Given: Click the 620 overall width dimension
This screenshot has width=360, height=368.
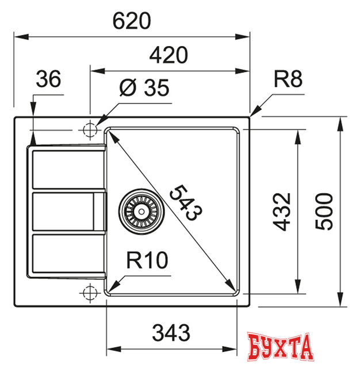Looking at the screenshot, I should (132, 21).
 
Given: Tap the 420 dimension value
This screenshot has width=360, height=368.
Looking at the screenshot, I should (169, 56).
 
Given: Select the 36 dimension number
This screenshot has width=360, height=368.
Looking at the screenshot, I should (48, 80).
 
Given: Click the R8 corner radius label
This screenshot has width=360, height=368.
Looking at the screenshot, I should (288, 80).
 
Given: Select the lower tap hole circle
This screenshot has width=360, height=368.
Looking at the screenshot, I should (90, 292).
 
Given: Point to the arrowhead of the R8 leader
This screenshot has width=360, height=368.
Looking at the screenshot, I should (255, 112).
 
